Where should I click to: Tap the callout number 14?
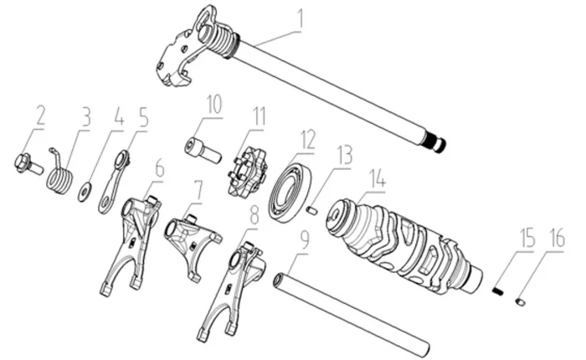click(x=378, y=177)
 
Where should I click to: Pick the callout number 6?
click(x=158, y=168)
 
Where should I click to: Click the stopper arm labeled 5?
click(x=115, y=181)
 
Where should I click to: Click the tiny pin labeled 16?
click(x=521, y=300)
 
